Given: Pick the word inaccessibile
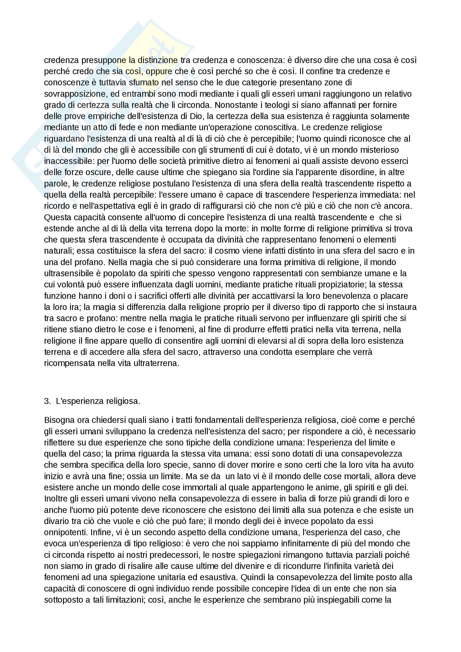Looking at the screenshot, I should (68, 161).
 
